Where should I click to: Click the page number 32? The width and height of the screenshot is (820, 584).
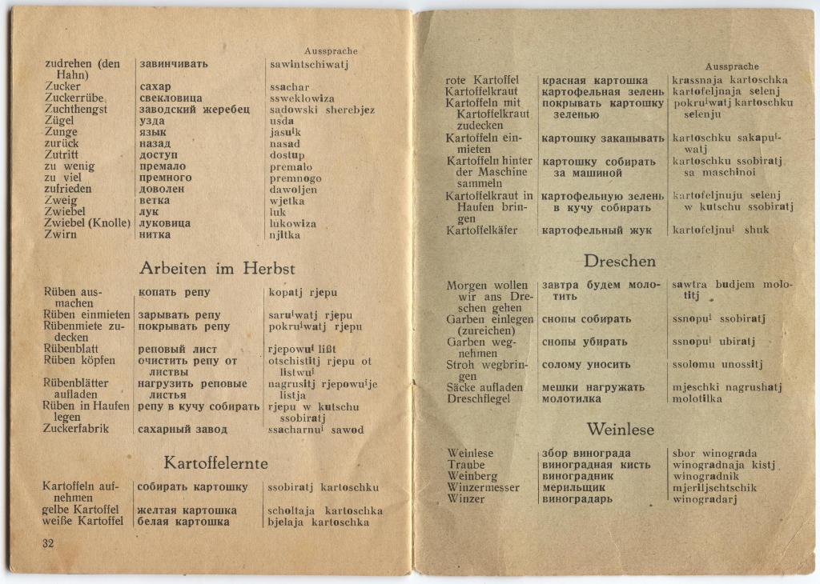point(48,544)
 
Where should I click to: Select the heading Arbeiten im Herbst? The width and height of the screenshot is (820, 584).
point(217,269)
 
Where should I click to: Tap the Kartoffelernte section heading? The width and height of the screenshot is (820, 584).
point(216,463)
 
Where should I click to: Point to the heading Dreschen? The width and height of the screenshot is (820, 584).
point(620,262)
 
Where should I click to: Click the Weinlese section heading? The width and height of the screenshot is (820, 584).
point(620,430)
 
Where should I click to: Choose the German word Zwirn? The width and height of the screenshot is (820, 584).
point(62,234)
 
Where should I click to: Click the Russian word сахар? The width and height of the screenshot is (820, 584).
point(155,86)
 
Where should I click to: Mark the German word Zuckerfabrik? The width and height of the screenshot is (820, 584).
point(76,429)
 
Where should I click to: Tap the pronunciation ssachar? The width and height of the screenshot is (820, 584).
point(289,87)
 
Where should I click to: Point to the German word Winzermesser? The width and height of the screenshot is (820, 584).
point(484,488)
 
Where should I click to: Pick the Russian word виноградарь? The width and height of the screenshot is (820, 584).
point(577,499)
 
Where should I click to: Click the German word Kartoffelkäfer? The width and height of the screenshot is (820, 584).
point(481,230)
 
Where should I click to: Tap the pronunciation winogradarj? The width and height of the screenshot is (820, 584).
point(705,500)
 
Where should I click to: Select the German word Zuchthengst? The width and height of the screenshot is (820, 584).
point(76,110)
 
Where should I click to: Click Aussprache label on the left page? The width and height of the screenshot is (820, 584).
point(331,51)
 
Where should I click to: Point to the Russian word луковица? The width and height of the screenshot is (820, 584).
point(165,223)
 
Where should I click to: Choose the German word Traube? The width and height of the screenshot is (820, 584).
point(466,465)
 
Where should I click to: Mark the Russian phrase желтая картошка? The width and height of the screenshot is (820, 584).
point(187,510)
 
